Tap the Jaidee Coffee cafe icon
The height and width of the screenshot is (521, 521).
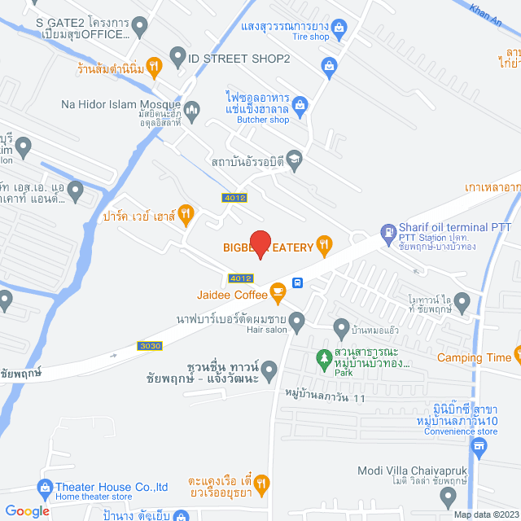click(278, 290)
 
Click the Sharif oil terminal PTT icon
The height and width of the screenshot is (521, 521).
click(387, 234)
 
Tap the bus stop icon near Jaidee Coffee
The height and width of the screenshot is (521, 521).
click(298, 283)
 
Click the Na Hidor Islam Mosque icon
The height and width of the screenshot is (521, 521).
click(192, 109)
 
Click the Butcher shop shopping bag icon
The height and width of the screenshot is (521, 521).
click(300, 104)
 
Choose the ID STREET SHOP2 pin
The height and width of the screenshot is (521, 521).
click(177, 57)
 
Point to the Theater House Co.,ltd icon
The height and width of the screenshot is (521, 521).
click(45, 488)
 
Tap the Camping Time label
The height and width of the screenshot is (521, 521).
click(474, 357)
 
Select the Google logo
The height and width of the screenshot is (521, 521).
click(27, 510)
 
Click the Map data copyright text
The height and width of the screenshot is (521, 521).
click(486, 514)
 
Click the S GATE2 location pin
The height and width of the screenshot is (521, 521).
click(139, 28)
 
